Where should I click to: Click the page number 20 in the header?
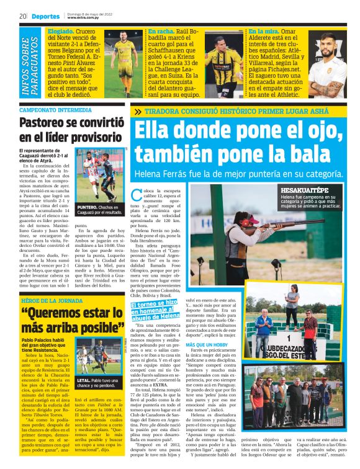pyautogui.click(x=22, y=16)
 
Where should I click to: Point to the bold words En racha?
pyautogui.click(x=160, y=30)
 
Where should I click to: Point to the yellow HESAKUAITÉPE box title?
pyautogui.click(x=303, y=189)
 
